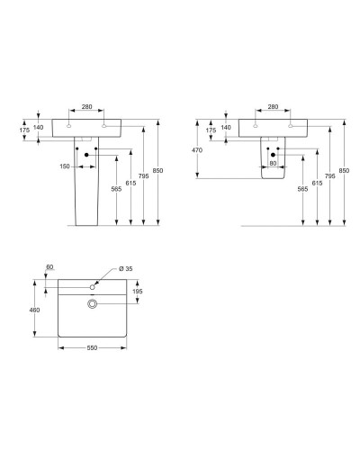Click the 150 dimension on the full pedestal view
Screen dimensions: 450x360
pyautogui.click(x=65, y=167)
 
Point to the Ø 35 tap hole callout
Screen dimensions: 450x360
pyautogui.click(x=124, y=270)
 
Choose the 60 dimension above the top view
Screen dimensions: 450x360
pyautogui.click(x=49, y=268)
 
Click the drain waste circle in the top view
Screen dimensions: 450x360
pyautogui.click(x=91, y=304)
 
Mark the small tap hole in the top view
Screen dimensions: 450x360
pyautogui.click(x=91, y=287)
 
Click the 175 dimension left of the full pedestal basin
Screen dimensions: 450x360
pyautogui.click(x=24, y=130)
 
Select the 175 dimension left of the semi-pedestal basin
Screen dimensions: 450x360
pyautogui.click(x=211, y=130)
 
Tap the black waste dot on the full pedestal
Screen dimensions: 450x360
pyautogui.click(x=87, y=157)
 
